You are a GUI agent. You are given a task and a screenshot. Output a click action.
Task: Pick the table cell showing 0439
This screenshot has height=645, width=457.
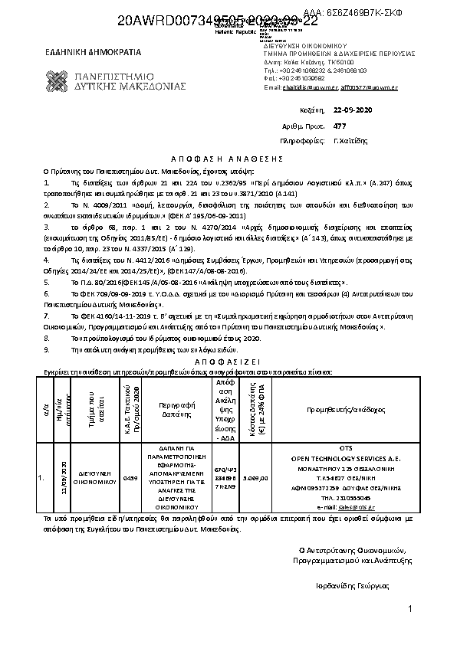(130, 477)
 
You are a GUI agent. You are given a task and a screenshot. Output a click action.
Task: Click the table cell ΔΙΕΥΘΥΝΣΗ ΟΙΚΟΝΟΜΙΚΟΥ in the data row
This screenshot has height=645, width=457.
(90, 479)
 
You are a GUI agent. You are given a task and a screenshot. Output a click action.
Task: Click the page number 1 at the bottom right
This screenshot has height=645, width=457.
(411, 609)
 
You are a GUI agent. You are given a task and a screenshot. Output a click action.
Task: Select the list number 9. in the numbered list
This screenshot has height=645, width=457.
(47, 349)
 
